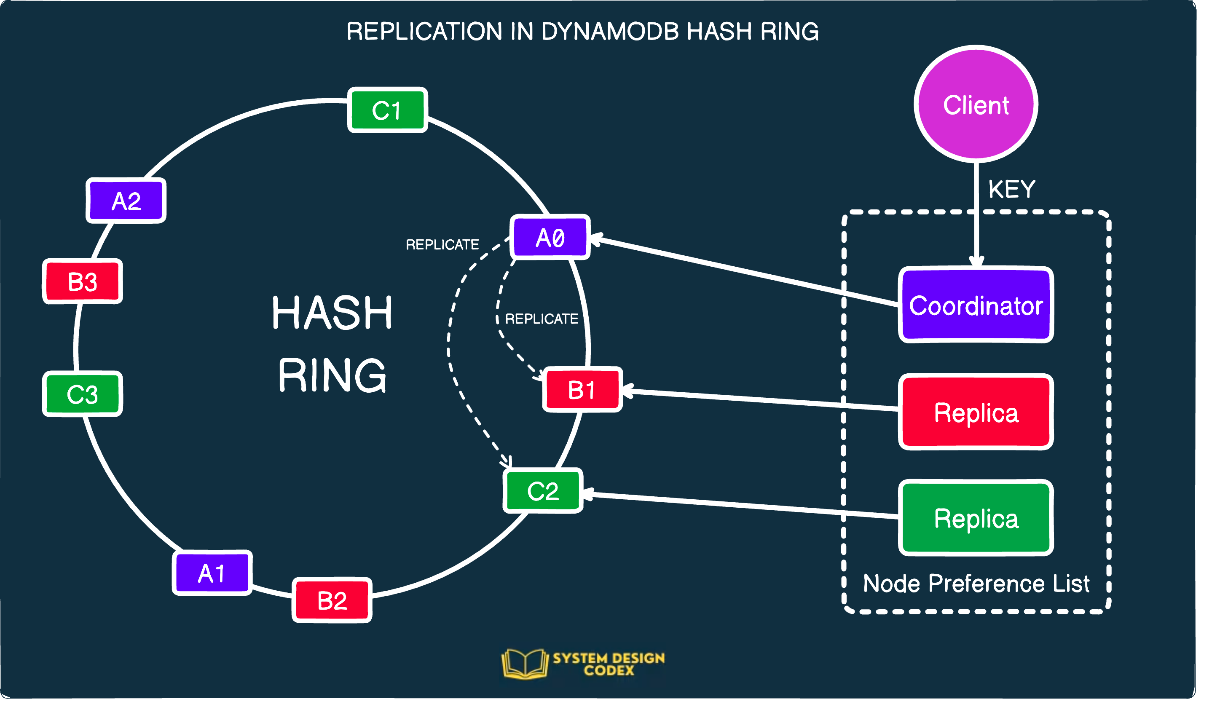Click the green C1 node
pyautogui.click(x=387, y=110)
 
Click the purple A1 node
pyautogui.click(x=212, y=573)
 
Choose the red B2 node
pyautogui.click(x=332, y=600)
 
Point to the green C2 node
pyautogui.click(x=543, y=491)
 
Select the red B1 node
pyautogui.click(x=582, y=390)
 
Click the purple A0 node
pyautogui.click(x=550, y=238)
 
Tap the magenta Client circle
pyautogui.click(x=976, y=104)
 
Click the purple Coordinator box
pyautogui.click(x=976, y=305)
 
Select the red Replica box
pyautogui.click(x=976, y=412)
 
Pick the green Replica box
pyautogui.click(x=976, y=518)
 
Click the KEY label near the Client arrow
pyautogui.click(x=1011, y=189)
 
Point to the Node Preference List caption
pyautogui.click(x=976, y=584)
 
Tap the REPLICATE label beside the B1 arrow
pyautogui.click(x=541, y=319)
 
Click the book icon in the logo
pyautogui.click(x=525, y=664)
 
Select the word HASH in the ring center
pyautogui.click(x=332, y=313)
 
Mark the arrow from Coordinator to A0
pyautogui.click(x=747, y=272)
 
